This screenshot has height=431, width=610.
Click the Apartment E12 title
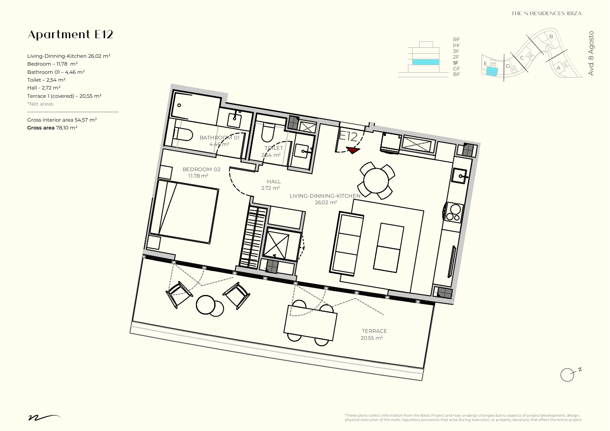70,35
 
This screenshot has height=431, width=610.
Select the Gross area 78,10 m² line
52,128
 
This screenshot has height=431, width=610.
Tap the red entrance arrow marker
353,150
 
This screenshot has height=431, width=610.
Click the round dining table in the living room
376,181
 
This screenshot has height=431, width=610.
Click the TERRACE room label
374,331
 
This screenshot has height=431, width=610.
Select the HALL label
274,182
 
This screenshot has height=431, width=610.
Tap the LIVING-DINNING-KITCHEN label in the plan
325,196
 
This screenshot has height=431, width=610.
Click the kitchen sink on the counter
460,176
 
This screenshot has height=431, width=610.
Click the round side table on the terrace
206,305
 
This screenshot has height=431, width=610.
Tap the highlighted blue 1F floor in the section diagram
425,62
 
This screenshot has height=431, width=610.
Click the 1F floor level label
455,63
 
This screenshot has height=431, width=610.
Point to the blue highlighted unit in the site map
491,72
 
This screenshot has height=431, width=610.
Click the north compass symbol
567,375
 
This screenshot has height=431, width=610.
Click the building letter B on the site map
551,36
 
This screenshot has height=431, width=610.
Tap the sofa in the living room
348,243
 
